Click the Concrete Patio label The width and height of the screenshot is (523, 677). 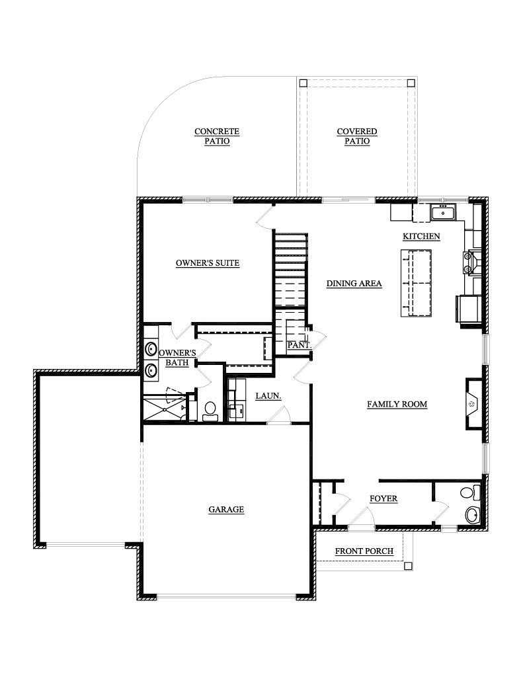217,136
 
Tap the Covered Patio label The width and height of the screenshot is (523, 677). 357,136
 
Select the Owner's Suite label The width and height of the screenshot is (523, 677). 208,263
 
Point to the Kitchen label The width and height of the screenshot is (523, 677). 422,236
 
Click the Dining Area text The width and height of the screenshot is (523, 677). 354,284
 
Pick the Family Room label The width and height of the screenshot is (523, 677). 397,404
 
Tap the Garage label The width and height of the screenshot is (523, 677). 226,510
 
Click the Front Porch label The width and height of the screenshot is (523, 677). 364,551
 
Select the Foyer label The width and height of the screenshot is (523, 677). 383,498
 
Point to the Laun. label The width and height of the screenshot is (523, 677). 268,395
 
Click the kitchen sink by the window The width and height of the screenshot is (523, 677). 443,213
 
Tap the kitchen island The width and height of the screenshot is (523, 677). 417,283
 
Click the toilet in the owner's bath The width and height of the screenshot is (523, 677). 210,411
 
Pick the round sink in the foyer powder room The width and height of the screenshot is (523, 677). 472,514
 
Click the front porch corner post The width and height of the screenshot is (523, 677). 408,566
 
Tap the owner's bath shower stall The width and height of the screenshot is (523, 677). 165,407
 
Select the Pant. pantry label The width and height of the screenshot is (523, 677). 300,345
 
